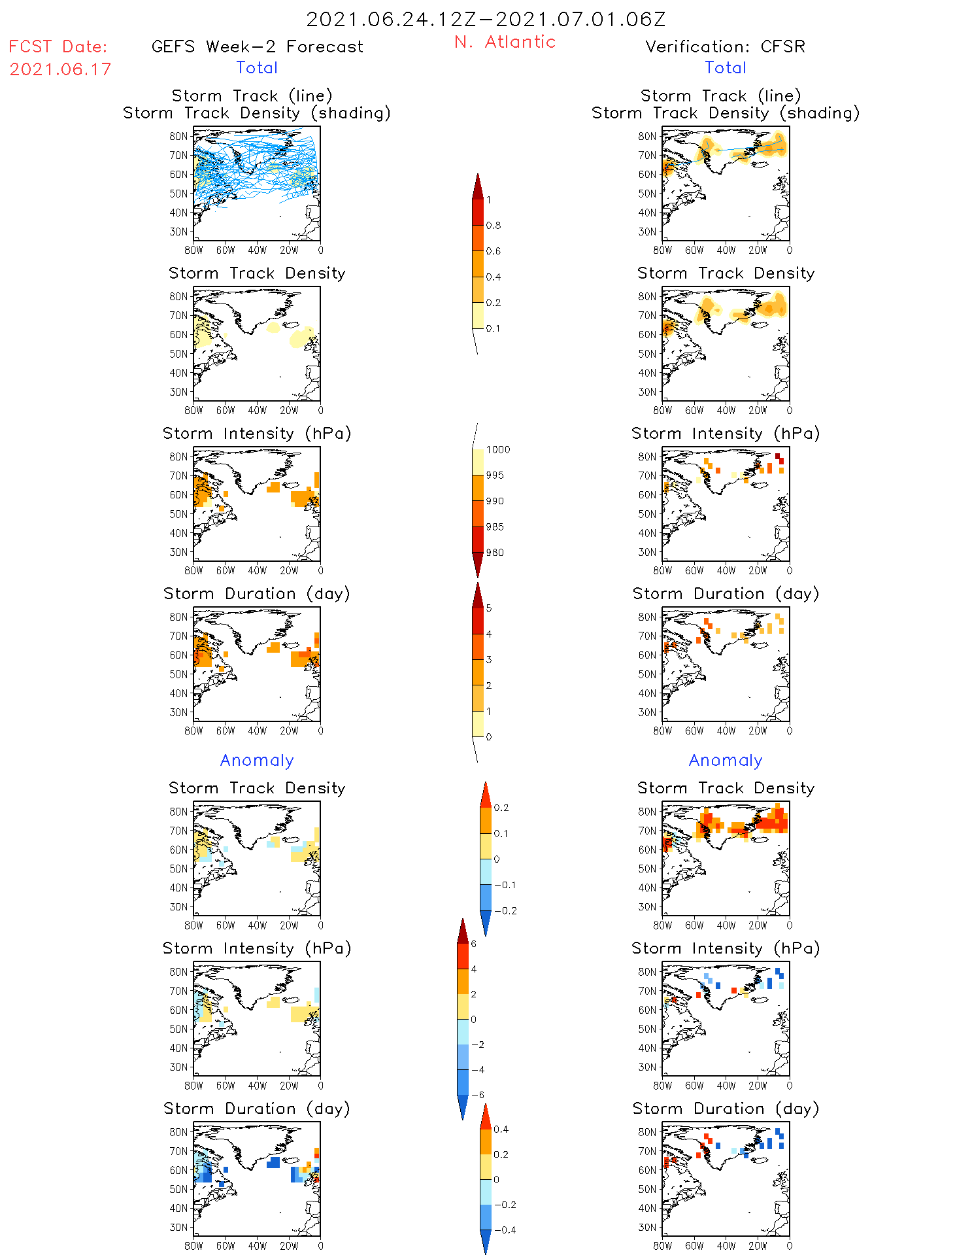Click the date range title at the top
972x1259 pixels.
tap(486, 20)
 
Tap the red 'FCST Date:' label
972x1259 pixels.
tap(58, 47)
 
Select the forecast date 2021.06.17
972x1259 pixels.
tap(61, 69)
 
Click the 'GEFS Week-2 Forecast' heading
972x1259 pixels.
tap(257, 47)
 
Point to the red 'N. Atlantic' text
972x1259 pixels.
tap(505, 43)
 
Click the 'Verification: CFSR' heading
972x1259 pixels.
tap(725, 47)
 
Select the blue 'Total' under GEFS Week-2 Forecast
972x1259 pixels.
tap(257, 68)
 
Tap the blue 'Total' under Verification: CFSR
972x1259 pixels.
tap(725, 68)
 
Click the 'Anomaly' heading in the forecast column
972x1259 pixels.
tap(257, 761)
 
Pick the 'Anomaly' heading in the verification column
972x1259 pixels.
tap(726, 761)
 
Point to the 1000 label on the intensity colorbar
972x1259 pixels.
tap(498, 450)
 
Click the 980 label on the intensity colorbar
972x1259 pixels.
tap(495, 553)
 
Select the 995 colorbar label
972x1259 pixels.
tap(495, 475)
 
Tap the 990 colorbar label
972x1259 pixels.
tap(495, 501)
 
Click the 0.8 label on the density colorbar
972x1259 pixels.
tap(494, 226)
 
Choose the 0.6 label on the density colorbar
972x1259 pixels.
tap(494, 251)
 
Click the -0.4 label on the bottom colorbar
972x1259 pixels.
tap(505, 1230)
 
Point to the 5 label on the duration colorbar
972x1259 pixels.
tap(489, 608)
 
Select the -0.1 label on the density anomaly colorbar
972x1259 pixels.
tap(505, 885)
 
